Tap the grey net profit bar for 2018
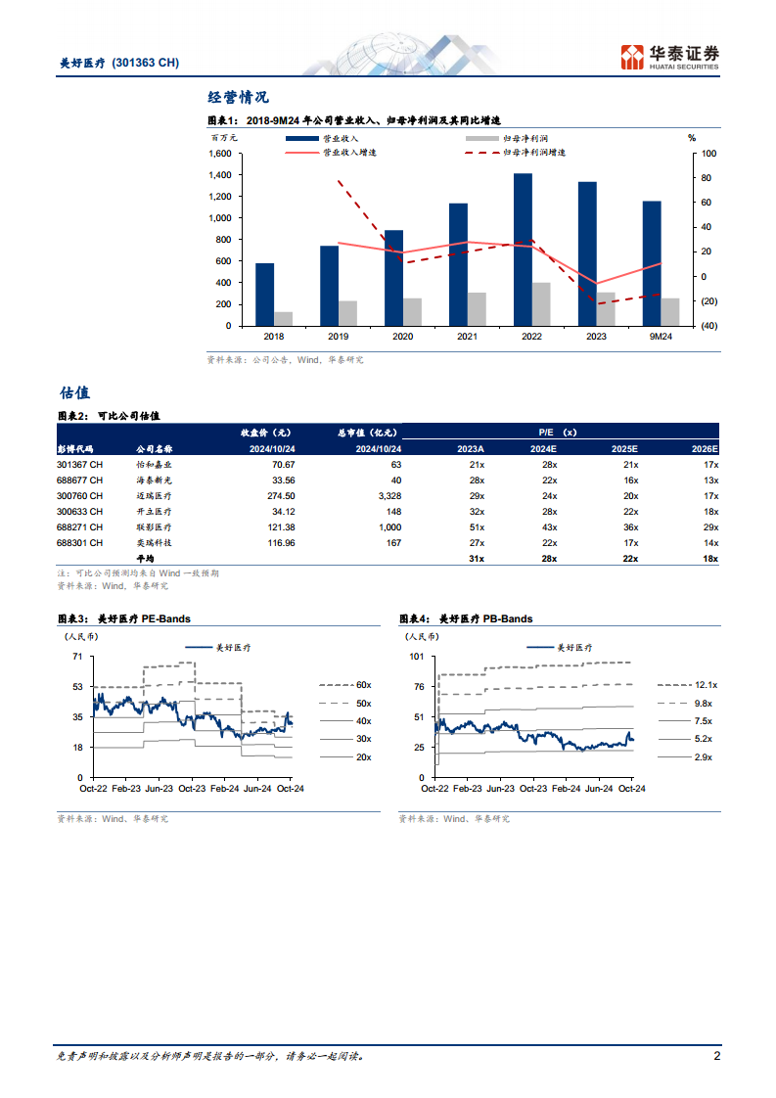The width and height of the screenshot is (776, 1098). [283, 318]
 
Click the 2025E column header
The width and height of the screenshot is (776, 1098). [624, 448]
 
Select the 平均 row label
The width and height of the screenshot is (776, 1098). [144, 558]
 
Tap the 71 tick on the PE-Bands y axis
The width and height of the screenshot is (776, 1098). [76, 657]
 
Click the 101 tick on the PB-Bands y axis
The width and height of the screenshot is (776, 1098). [416, 657]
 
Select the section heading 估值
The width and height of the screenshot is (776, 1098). [74, 392]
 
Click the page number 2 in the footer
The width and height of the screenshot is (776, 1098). [716, 1056]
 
